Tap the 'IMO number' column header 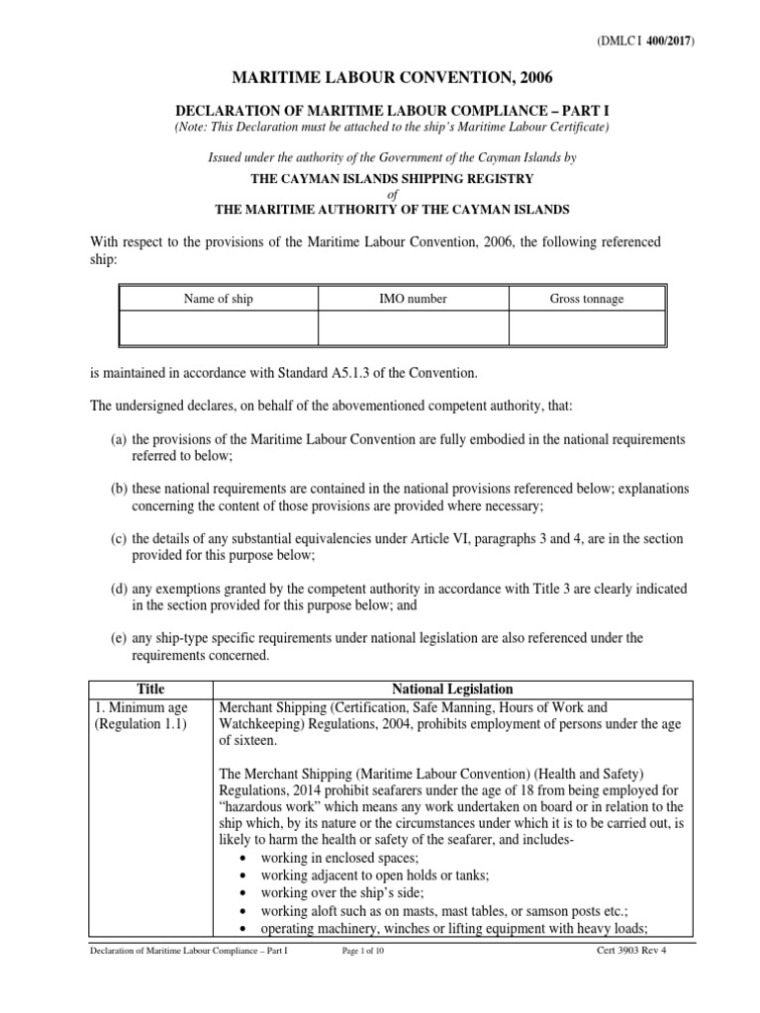[x=413, y=299]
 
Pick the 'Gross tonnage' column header [x=587, y=299]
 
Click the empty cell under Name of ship [x=218, y=327]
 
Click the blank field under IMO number [x=413, y=327]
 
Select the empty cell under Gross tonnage [x=587, y=327]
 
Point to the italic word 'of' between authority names [x=388, y=194]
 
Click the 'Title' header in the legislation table [x=151, y=689]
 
